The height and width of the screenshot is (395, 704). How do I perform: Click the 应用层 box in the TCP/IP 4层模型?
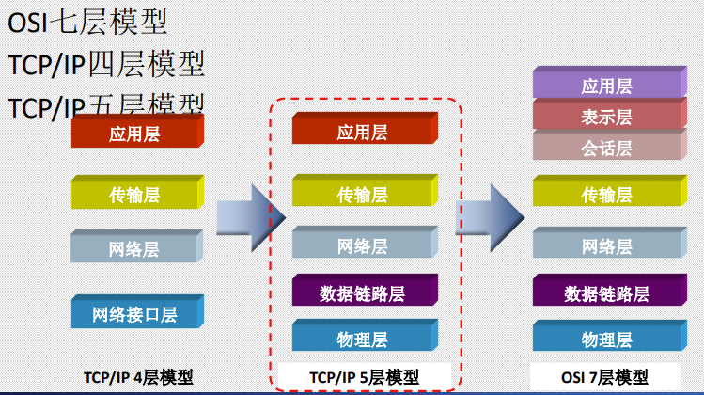tap(134, 134)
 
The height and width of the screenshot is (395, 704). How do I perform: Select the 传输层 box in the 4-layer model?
tap(134, 195)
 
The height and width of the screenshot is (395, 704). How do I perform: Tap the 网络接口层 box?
tap(134, 313)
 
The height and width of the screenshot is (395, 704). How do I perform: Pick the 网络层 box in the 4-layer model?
tap(134, 248)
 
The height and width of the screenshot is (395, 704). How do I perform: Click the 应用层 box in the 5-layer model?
tap(362, 133)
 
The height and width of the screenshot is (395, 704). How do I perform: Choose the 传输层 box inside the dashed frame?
tap(362, 195)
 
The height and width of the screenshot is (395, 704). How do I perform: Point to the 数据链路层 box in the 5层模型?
tap(362, 292)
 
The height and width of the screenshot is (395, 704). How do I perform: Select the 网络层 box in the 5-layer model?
tap(362, 246)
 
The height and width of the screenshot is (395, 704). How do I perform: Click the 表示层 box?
tap(606, 117)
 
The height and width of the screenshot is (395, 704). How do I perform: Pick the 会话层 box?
tap(606, 148)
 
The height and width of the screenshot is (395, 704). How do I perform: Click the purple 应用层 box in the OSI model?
tap(606, 86)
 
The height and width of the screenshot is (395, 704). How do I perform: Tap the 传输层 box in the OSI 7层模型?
tap(606, 195)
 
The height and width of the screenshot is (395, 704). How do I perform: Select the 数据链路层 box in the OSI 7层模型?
tap(606, 292)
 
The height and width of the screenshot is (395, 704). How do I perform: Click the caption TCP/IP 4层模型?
tap(138, 377)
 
